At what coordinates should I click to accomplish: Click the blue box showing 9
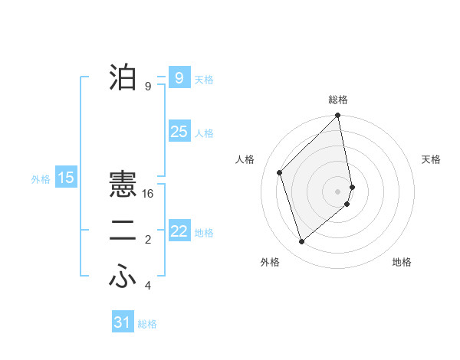coord(179,77)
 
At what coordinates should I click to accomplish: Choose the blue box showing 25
coord(179,132)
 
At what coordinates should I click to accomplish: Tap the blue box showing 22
coord(179,231)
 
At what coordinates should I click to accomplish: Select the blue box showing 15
coord(66,178)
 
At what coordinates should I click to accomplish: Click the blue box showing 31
coord(123,322)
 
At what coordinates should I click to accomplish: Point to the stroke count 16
coord(148,194)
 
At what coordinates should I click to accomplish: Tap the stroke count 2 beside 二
coord(148,241)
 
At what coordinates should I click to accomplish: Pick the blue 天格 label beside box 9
coord(204,79)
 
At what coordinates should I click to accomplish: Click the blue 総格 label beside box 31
coord(147,324)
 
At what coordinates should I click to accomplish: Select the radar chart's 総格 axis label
coord(338,100)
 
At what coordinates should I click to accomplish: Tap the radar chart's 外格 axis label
coord(270,262)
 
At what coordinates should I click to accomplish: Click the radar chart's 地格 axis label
coord(402,262)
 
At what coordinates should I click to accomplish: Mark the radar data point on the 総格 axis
coord(338,116)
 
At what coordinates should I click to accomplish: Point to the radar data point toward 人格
coord(280,172)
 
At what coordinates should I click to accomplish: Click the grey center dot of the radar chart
coord(337,191)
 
